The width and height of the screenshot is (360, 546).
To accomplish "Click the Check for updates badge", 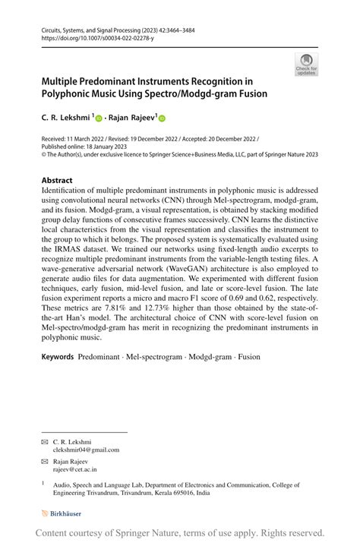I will [306, 64].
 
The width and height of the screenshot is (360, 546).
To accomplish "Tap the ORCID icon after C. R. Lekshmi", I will [99, 118].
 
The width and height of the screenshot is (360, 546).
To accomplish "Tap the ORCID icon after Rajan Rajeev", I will [161, 118].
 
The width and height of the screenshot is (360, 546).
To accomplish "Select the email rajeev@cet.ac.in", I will [74, 469].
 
